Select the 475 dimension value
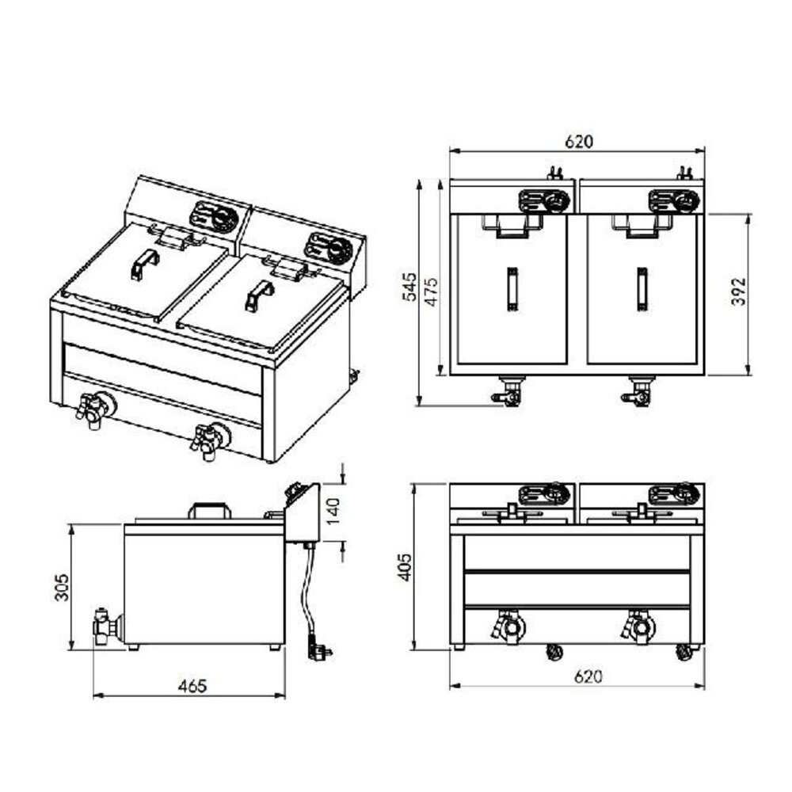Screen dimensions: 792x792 (431, 291)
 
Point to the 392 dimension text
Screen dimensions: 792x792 (739, 294)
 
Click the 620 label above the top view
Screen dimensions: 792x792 (578, 143)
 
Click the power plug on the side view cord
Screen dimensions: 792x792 (321, 650)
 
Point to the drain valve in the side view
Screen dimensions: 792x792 (105, 626)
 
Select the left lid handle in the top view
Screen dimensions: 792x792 (512, 288)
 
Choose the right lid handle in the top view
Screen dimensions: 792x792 (641, 288)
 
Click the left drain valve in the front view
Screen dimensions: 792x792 (508, 627)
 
